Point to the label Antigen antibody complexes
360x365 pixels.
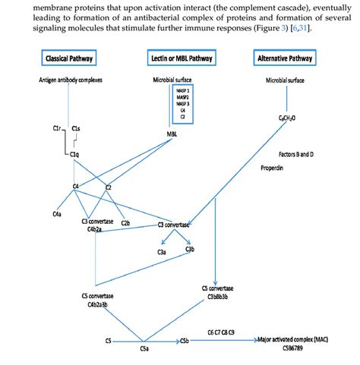70,80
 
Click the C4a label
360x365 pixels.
57,215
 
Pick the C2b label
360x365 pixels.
125,223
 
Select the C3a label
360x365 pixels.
162,251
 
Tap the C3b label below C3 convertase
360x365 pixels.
190,250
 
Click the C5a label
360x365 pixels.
144,350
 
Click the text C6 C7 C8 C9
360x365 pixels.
221,332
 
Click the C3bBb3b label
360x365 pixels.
217,297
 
